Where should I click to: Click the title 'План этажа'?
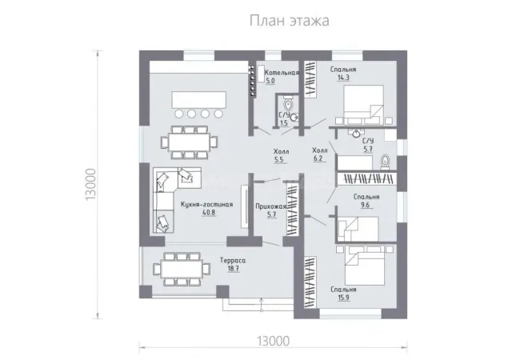click(289, 21)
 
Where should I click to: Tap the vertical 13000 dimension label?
click(90, 184)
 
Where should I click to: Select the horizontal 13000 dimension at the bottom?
click(274, 341)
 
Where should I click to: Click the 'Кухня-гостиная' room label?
click(206, 205)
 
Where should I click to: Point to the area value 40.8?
click(209, 213)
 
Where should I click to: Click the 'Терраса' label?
click(233, 261)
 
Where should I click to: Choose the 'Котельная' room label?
click(282, 73)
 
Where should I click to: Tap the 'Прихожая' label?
click(270, 206)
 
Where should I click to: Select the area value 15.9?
click(343, 298)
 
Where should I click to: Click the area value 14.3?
click(343, 78)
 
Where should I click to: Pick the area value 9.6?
click(365, 205)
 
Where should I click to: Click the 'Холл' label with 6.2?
click(320, 150)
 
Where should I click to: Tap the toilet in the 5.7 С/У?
click(385, 162)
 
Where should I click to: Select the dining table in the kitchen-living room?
click(189, 142)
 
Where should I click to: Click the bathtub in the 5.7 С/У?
click(354, 162)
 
